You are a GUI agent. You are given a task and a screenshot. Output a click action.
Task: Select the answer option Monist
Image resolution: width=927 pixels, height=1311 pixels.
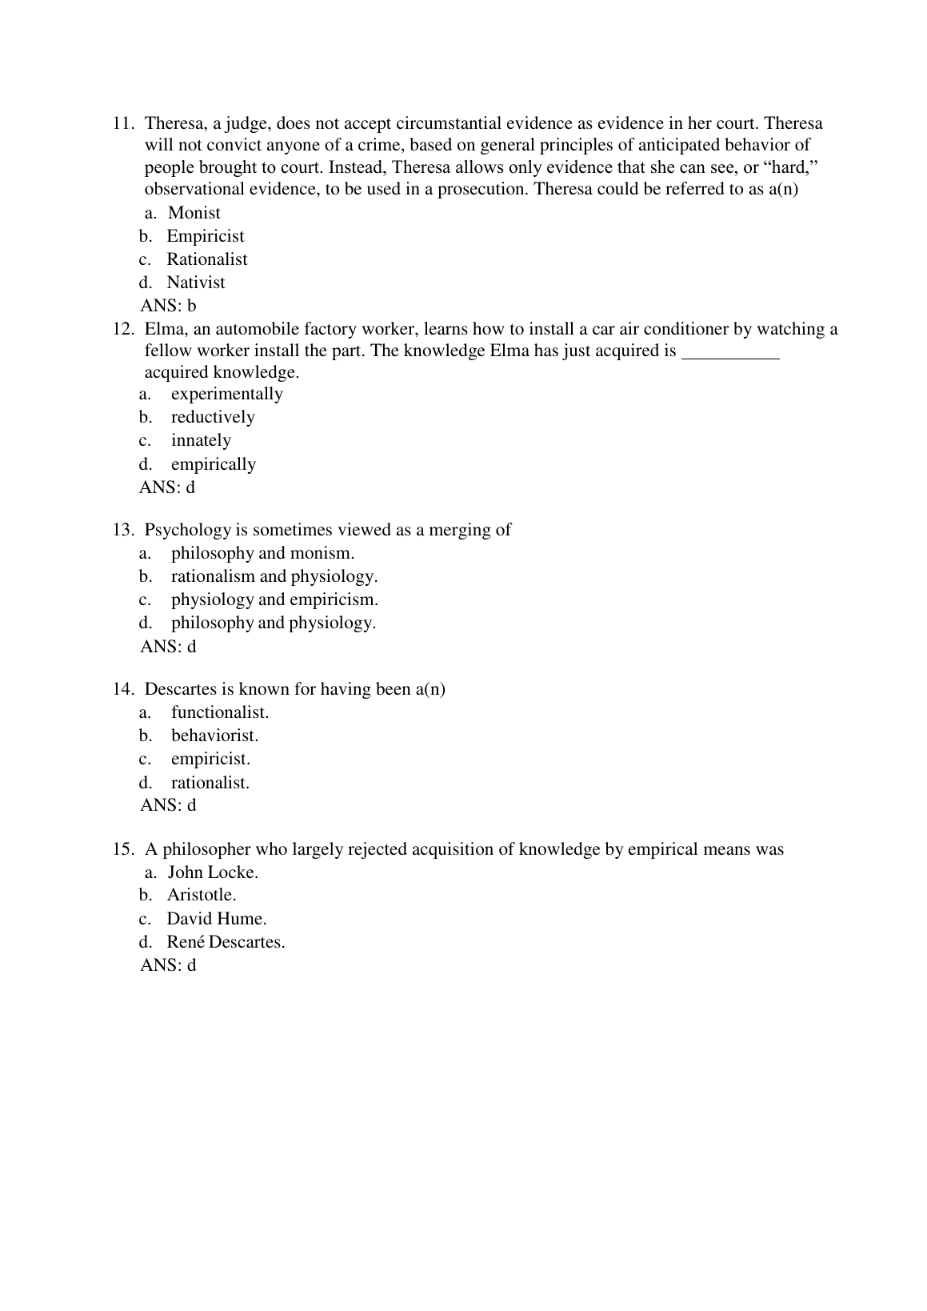[194, 213]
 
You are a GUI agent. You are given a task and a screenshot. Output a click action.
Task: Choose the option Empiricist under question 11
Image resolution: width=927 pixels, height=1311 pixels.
[205, 236]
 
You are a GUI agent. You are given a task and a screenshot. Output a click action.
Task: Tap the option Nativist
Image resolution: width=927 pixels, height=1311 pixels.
[195, 283]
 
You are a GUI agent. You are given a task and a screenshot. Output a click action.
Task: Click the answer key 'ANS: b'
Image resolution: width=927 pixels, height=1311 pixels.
[168, 306]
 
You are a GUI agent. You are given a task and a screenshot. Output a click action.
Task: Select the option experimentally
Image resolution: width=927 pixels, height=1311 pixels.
[226, 394]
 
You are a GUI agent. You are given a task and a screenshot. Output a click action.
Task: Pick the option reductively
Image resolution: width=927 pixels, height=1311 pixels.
[213, 417]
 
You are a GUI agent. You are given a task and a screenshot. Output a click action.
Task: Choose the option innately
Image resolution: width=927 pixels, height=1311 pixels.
[201, 440]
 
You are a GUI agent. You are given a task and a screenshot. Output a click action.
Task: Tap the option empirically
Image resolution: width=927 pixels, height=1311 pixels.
[213, 464]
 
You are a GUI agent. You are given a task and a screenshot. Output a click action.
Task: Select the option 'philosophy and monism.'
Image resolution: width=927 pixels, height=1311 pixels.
[262, 553]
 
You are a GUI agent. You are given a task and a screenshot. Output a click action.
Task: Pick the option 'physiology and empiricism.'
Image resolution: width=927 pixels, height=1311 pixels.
[274, 599]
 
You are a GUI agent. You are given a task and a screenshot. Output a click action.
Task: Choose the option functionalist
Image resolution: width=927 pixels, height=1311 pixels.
[219, 712]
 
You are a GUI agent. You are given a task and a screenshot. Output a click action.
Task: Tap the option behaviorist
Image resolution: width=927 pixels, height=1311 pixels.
[214, 736]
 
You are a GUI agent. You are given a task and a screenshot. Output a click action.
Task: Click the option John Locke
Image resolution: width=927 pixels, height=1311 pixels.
[213, 872]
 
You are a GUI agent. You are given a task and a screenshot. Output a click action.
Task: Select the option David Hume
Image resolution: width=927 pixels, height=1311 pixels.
[216, 919]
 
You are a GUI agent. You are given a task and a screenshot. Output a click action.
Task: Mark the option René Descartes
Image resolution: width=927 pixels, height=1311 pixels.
[226, 942]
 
